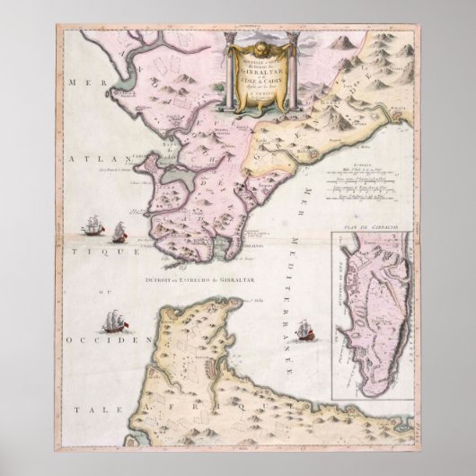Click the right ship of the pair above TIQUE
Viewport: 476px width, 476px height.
118,235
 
